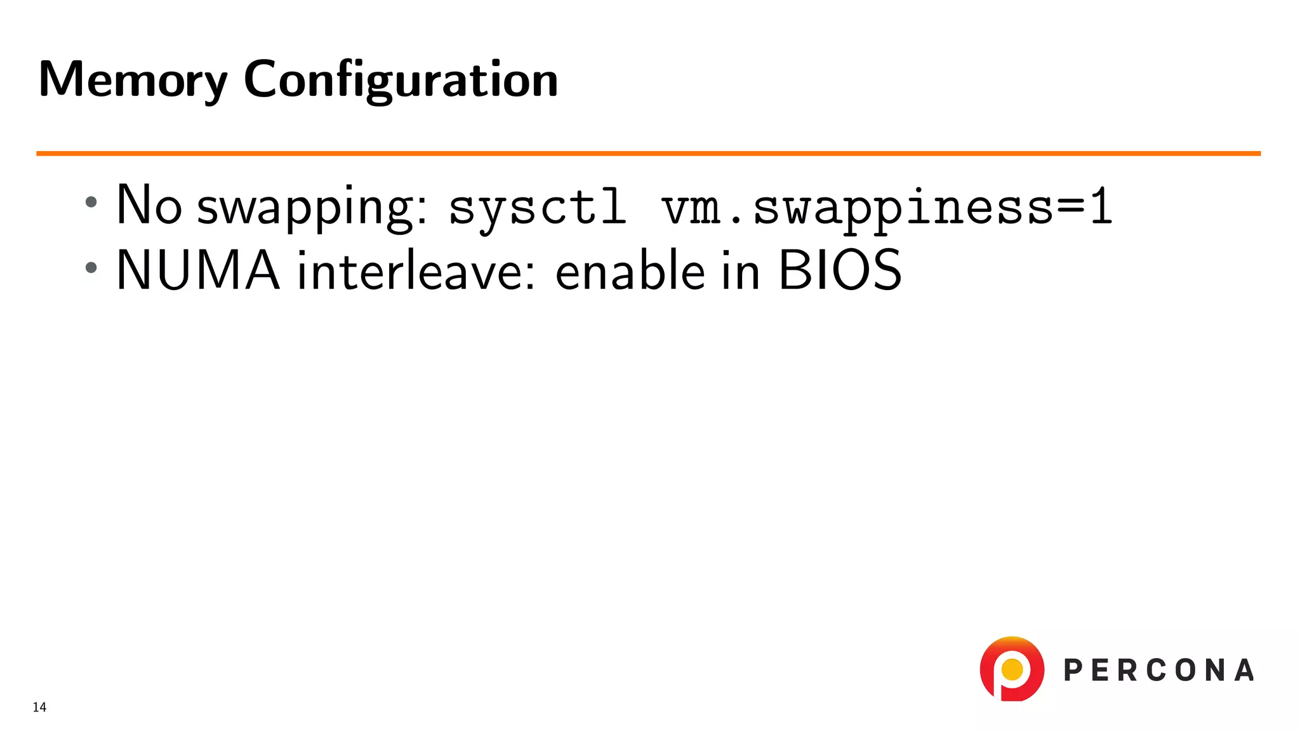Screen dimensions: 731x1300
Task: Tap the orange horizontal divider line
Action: (647, 153)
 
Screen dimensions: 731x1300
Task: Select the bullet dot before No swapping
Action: (91, 202)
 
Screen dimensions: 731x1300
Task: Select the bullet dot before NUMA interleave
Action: (91, 267)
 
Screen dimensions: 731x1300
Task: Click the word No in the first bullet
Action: (149, 205)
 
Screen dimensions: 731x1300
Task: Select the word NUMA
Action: (198, 270)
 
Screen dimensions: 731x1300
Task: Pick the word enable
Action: (630, 270)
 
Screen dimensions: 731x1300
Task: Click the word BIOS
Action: (839, 270)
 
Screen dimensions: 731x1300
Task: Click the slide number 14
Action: (39, 708)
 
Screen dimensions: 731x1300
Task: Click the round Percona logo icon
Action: (1012, 669)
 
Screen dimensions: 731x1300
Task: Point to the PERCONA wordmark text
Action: (1158, 671)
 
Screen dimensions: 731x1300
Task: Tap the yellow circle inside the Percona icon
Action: (1012, 669)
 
